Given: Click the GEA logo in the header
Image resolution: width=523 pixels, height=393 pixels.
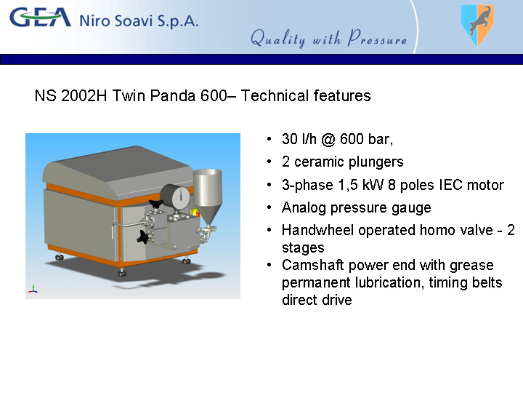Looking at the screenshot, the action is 41,17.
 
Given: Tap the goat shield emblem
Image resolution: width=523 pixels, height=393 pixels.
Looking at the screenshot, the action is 477,25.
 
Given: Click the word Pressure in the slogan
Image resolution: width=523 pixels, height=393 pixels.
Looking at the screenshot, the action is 377,38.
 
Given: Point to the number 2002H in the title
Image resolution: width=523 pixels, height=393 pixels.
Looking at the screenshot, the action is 84,95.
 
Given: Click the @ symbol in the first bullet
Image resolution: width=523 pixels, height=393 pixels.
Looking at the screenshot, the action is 328,139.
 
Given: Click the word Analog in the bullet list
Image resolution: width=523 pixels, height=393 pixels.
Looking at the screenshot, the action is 304,208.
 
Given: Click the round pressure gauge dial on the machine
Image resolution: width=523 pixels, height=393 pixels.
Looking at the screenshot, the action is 177,196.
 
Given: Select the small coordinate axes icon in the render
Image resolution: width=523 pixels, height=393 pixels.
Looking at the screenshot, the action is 33,290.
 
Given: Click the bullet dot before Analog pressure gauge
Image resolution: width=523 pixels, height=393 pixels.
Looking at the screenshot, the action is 269,208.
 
